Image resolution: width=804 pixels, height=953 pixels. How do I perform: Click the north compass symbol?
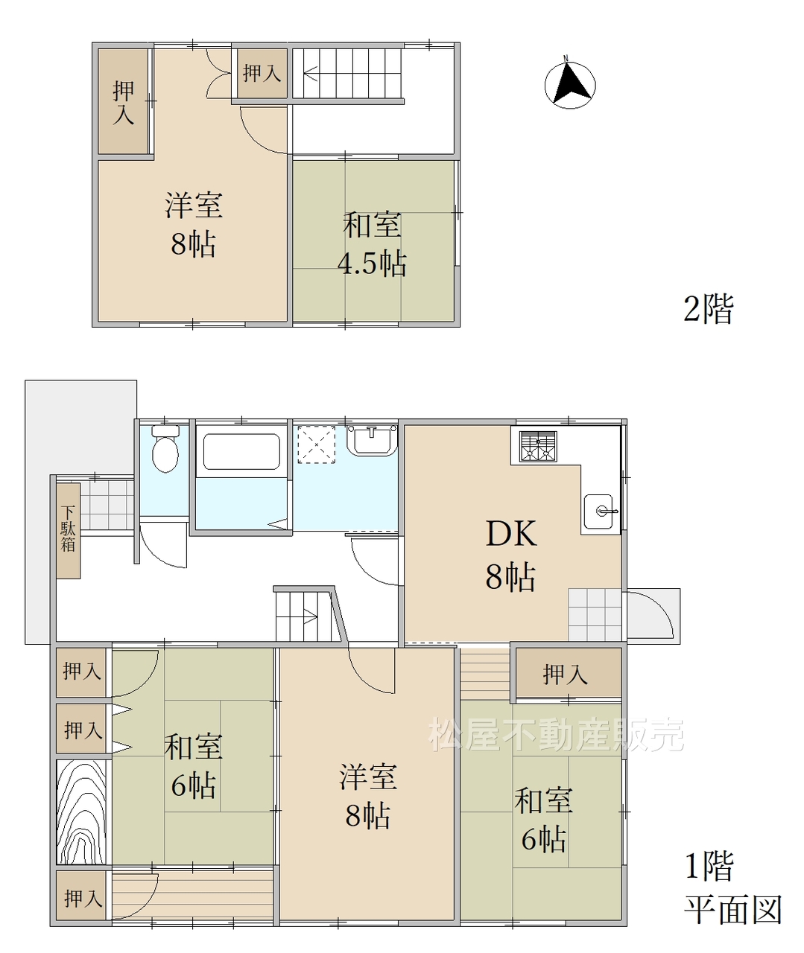click(x=570, y=83)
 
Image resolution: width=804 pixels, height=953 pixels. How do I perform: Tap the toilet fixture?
click(x=165, y=449)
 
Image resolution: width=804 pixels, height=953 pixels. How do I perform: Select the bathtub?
click(x=241, y=451)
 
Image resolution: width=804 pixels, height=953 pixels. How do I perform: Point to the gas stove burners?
click(x=539, y=447)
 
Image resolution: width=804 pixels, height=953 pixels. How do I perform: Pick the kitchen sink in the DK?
click(x=598, y=511)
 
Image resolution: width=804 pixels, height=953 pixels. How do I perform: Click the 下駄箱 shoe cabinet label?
click(x=68, y=529)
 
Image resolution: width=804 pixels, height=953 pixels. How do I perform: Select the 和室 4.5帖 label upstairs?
click(x=373, y=244)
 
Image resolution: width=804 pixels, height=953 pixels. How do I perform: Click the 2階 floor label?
click(x=708, y=310)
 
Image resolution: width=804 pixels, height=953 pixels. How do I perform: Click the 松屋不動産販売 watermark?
click(x=555, y=734)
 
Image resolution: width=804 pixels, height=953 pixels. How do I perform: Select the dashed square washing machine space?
click(x=316, y=445)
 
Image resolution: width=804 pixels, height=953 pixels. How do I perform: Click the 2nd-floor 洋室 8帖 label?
click(x=194, y=225)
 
